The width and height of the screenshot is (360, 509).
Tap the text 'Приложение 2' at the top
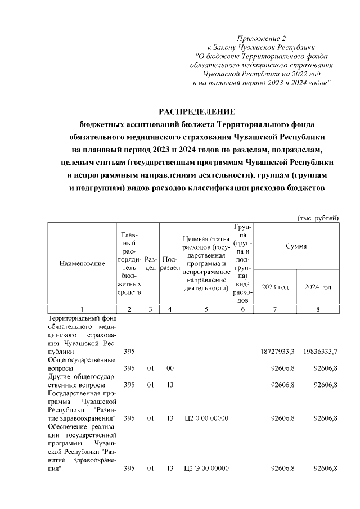point(262,39)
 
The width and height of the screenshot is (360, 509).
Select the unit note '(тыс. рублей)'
point(318,218)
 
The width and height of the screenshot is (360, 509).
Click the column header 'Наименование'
point(82,264)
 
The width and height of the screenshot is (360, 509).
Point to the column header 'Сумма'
point(296,246)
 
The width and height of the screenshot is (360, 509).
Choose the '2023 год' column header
point(275,287)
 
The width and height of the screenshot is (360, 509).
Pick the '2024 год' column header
point(318,287)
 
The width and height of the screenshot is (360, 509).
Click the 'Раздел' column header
point(150,264)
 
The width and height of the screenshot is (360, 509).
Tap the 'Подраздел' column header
point(169,264)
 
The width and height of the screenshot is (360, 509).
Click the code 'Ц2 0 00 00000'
point(206,418)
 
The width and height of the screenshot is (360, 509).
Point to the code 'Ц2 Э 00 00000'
point(206,469)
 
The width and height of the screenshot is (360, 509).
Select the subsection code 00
point(169,368)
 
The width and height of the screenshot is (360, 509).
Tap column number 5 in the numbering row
point(206,309)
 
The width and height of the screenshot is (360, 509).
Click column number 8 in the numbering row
point(318,309)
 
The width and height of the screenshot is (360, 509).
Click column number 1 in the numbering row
point(82,309)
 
